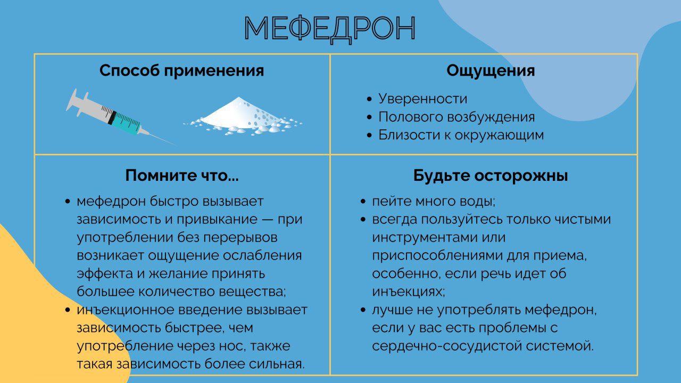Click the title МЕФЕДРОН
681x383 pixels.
pyautogui.click(x=330, y=29)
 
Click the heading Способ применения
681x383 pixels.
pyautogui.click(x=181, y=71)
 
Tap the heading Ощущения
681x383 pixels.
pyautogui.click(x=491, y=71)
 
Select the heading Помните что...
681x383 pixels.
pyautogui.click(x=182, y=176)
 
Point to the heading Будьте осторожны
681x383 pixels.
pyautogui.click(x=491, y=176)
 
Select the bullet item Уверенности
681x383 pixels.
pyautogui.click(x=422, y=99)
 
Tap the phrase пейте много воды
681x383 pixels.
pyautogui.click(x=433, y=202)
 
